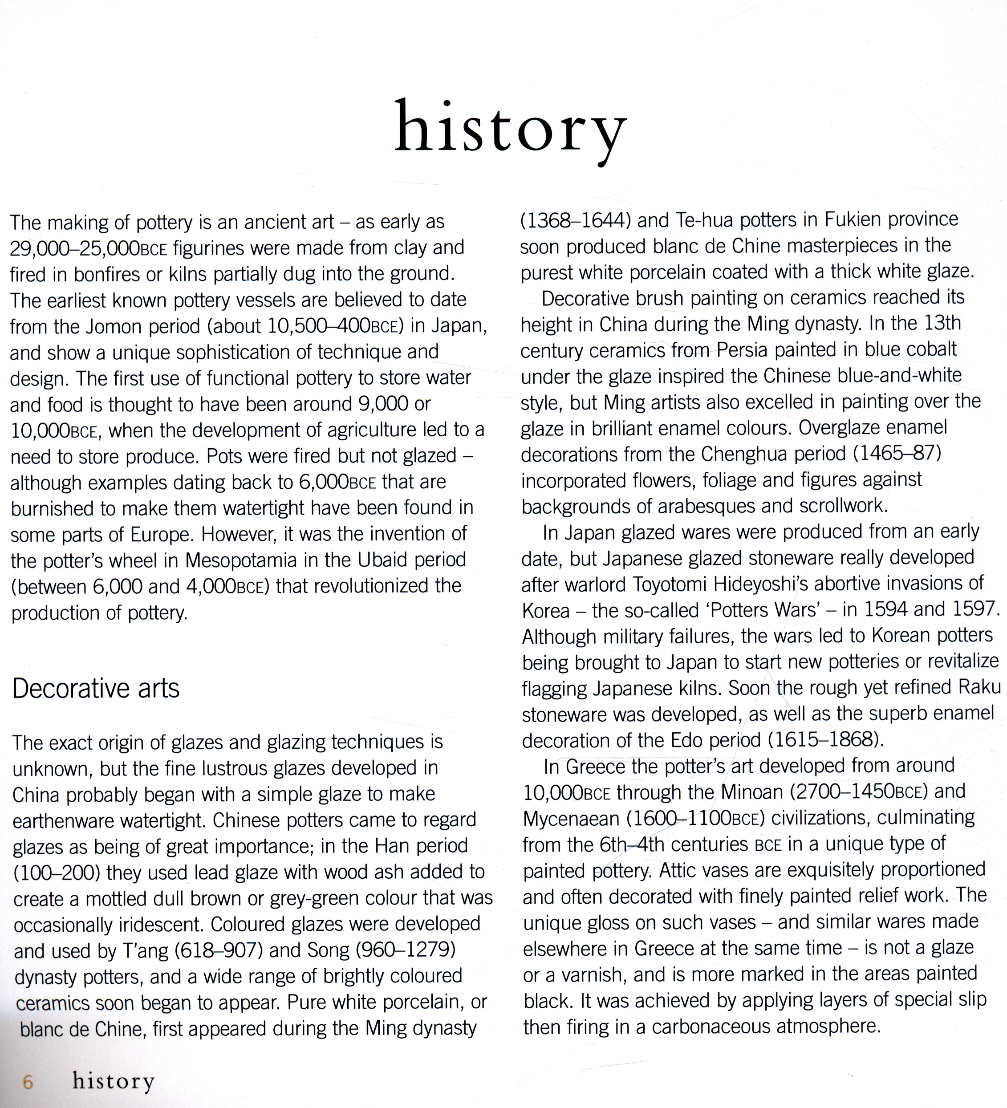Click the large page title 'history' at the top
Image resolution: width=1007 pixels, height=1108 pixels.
(511, 129)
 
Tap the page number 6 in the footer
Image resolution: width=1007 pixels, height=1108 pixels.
(28, 1082)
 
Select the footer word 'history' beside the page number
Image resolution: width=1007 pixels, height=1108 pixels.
(114, 1081)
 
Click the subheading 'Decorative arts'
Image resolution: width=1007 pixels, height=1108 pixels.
(96, 688)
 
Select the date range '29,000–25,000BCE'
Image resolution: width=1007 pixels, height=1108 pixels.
(89, 248)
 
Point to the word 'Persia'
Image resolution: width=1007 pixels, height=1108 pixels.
(742, 350)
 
